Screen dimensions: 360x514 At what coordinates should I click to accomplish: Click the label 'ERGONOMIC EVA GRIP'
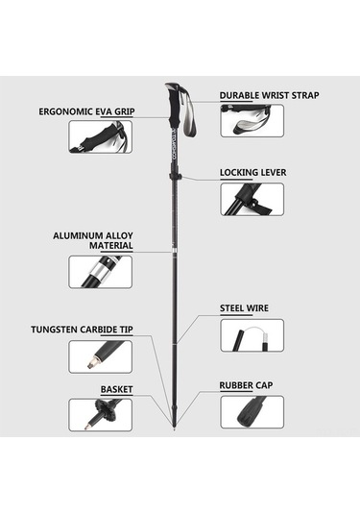(86, 111)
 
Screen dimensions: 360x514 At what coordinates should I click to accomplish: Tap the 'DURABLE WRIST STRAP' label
(269, 95)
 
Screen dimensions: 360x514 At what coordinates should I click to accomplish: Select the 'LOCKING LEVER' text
(252, 172)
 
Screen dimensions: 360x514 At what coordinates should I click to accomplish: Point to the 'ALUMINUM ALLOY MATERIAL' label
(93, 240)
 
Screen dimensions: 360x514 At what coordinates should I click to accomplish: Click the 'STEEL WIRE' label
(244, 308)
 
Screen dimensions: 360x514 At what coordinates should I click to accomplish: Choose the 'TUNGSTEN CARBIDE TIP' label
(82, 330)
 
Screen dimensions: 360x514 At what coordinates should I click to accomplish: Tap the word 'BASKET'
(116, 389)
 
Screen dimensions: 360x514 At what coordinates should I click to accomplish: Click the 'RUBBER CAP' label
(246, 385)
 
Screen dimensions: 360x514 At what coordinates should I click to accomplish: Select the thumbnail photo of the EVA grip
(101, 136)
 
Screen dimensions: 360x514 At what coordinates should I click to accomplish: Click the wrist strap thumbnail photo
(252, 121)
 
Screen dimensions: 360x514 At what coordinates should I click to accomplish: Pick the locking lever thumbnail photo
(252, 199)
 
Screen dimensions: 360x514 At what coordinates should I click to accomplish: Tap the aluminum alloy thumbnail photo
(101, 272)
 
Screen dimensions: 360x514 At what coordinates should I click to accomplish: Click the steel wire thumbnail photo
(252, 335)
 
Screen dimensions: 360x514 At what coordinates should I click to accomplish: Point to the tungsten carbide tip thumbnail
(101, 356)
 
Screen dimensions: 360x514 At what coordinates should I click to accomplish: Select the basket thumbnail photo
(101, 415)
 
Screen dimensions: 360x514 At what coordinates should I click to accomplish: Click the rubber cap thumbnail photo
(252, 412)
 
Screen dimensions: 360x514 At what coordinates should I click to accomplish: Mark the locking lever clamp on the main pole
(176, 177)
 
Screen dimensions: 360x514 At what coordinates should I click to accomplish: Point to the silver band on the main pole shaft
(174, 251)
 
